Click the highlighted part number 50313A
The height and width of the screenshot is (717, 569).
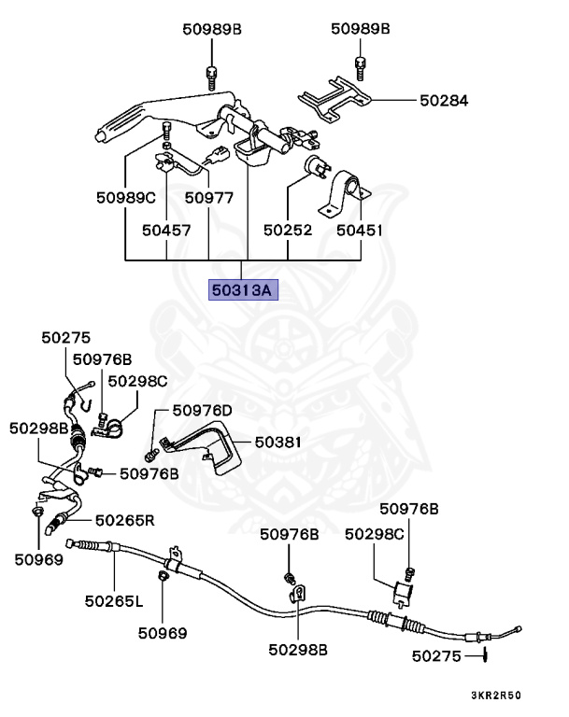pyautogui.click(x=242, y=290)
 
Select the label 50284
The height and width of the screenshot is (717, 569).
pyautogui.click(x=444, y=100)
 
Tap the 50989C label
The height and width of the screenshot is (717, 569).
pyautogui.click(x=125, y=198)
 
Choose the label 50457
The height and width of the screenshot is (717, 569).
pyautogui.click(x=166, y=229)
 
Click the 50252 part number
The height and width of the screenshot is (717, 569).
pyautogui.click(x=287, y=229)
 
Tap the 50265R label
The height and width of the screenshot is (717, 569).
pyautogui.click(x=124, y=520)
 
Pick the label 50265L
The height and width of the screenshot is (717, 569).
pyautogui.click(x=113, y=600)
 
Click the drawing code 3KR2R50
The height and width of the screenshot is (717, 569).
pyautogui.click(x=495, y=696)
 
